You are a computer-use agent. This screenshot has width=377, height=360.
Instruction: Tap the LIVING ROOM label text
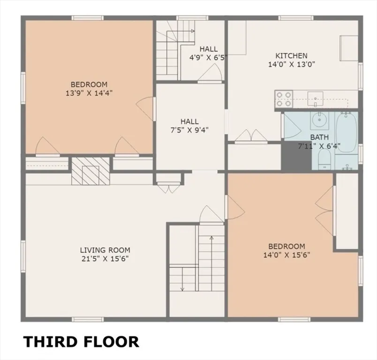click(x=105, y=250)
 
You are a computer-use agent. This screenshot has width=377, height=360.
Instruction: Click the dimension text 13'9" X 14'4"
click(x=89, y=93)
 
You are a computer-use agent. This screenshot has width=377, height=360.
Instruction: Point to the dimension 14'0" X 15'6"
click(x=287, y=255)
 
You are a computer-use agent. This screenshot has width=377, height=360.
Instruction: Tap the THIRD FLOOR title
click(x=81, y=341)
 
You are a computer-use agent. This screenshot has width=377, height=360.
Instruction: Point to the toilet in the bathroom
click(x=324, y=163)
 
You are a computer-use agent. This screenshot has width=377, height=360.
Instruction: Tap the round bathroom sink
click(x=319, y=120)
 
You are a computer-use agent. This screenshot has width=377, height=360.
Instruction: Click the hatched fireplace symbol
click(x=90, y=171)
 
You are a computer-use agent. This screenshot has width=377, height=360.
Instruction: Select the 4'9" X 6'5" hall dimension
click(x=208, y=58)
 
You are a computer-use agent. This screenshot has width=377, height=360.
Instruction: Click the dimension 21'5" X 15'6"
click(x=105, y=258)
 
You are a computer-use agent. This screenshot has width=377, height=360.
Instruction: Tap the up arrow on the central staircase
click(x=211, y=239)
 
